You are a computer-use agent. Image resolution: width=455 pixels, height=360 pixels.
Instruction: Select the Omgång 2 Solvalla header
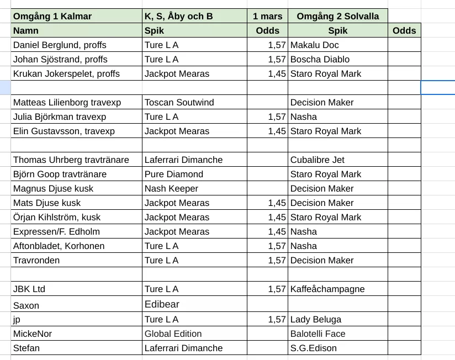338,16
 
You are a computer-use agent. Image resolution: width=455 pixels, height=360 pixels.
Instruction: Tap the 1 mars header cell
267,16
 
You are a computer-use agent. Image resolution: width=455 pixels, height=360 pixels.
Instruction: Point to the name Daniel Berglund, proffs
60,45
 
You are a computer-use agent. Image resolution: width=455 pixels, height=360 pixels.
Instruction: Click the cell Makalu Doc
315,45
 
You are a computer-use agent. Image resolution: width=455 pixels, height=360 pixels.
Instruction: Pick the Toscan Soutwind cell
179,102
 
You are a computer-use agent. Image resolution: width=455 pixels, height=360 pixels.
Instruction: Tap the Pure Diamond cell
174,174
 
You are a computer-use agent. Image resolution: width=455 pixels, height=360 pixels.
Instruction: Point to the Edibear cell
162,304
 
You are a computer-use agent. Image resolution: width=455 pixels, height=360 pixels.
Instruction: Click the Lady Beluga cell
316,319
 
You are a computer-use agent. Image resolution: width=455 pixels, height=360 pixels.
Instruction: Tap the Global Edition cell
173,333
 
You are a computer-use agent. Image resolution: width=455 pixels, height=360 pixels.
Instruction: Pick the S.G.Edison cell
314,348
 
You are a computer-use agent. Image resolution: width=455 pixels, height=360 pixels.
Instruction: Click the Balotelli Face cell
318,333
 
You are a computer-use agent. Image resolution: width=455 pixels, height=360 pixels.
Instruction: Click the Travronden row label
36,260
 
